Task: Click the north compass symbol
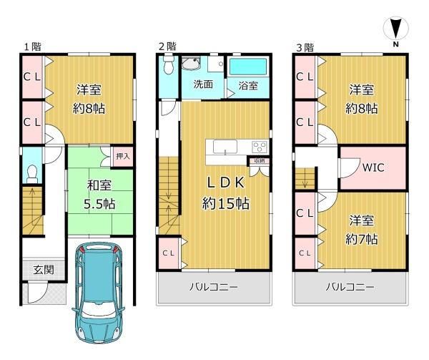395,31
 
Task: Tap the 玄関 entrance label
44,270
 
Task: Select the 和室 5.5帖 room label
99,195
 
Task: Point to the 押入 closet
123,156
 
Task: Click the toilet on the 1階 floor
32,174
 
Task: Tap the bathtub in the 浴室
248,67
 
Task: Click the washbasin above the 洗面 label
191,64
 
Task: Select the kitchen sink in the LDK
225,147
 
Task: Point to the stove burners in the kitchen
260,147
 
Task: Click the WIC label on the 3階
373,167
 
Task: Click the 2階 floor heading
167,46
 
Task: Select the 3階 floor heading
305,47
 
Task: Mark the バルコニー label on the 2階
214,287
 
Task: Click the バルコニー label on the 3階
350,287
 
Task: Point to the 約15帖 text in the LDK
226,203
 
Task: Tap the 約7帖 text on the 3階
361,239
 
